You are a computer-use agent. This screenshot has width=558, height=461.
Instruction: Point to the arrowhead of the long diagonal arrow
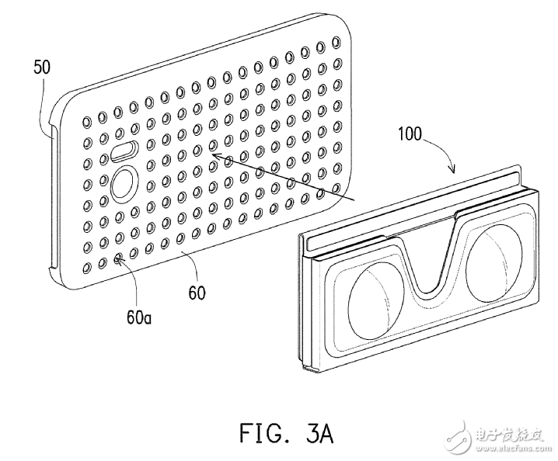coord(211,157)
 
